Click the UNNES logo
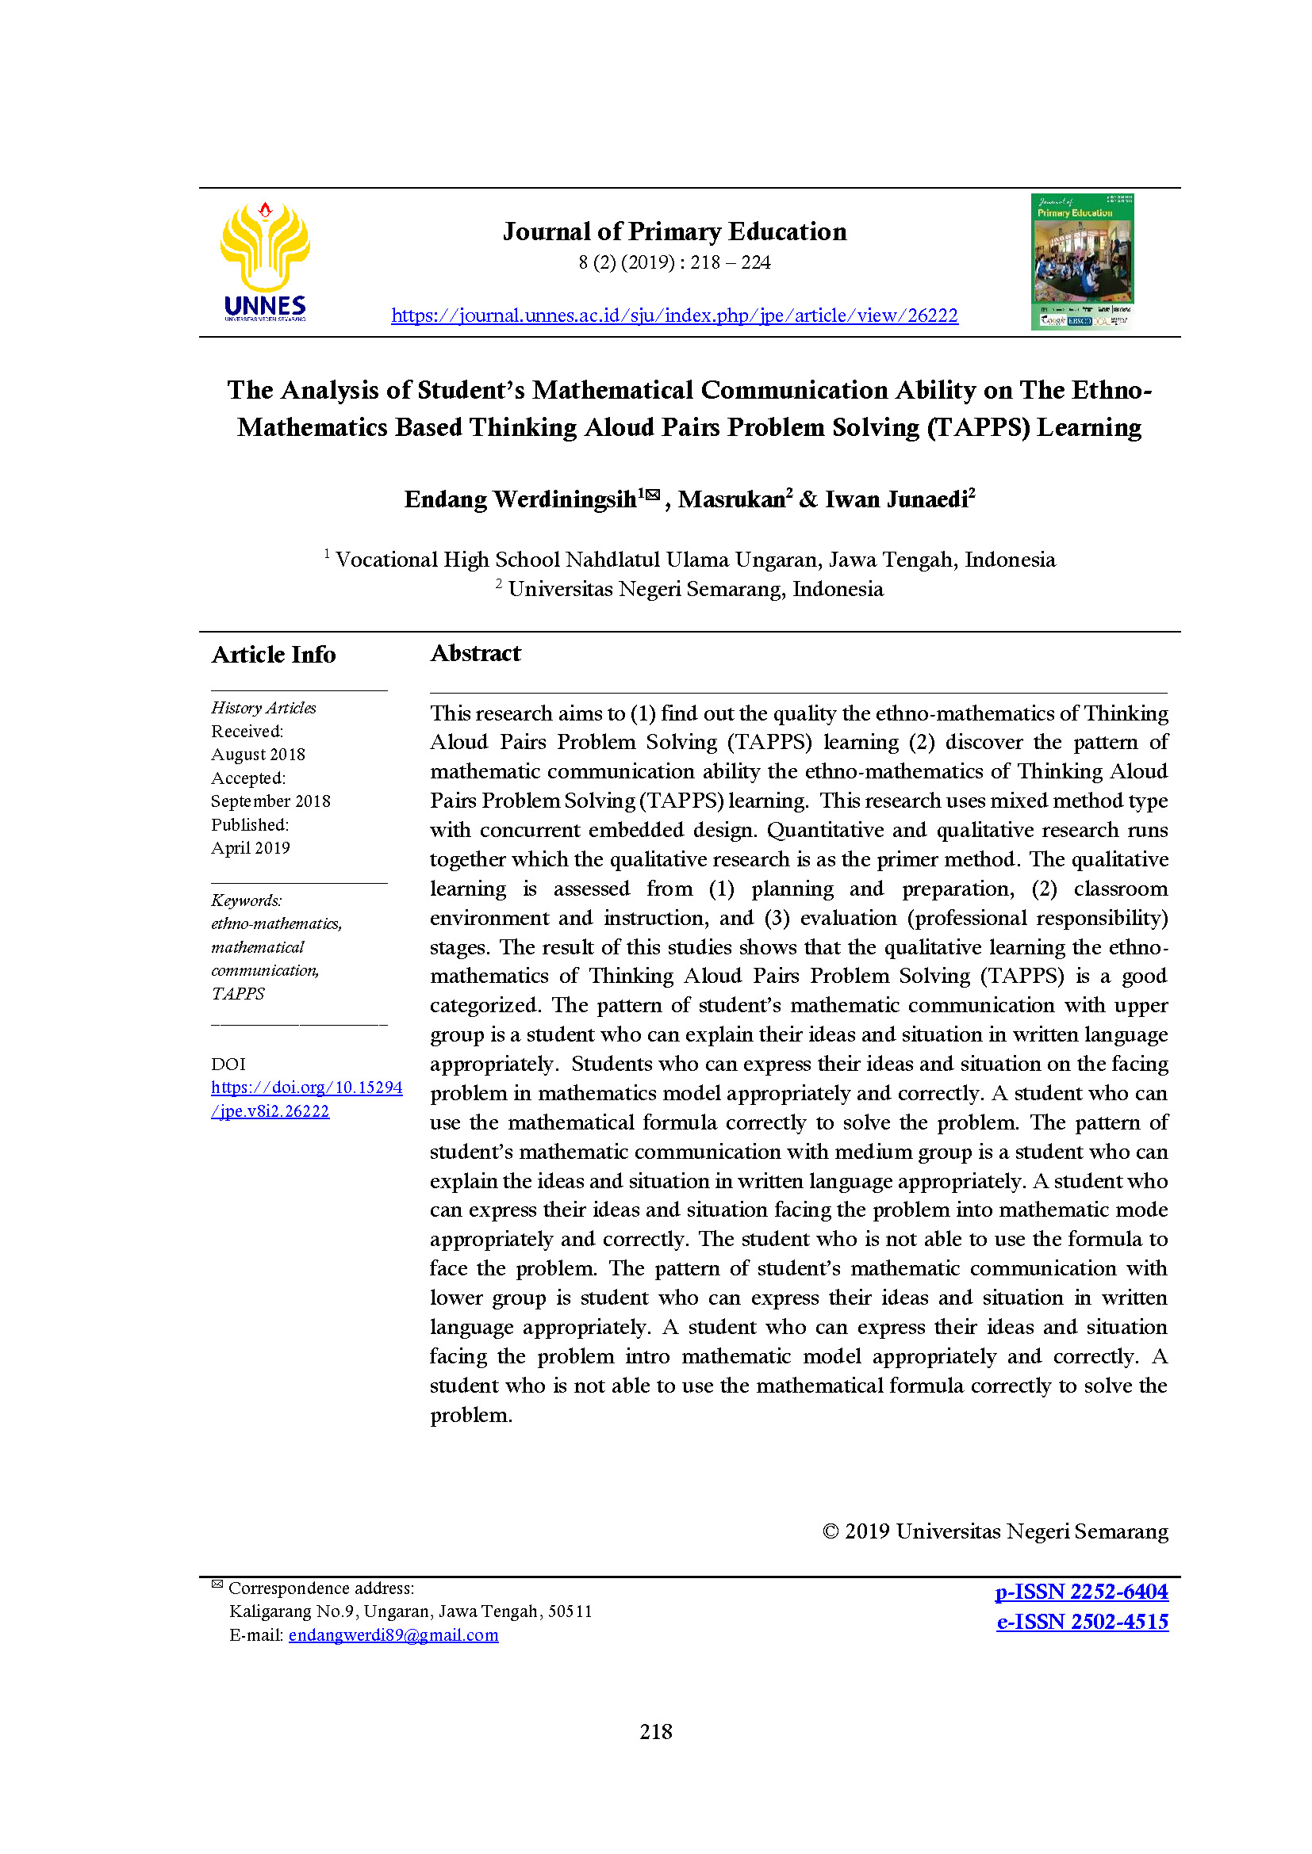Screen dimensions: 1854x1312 point(265,260)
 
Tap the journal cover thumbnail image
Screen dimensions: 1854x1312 point(1082,261)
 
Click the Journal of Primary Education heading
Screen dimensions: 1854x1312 point(674,231)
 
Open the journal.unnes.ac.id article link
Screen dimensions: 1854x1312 point(674,315)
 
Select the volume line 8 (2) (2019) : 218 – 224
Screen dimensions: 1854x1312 point(674,262)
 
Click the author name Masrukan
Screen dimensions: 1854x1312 point(731,499)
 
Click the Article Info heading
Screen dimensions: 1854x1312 point(273,654)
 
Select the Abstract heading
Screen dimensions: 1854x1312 point(475,652)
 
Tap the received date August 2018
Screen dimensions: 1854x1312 point(258,754)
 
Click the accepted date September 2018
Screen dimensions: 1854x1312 point(270,801)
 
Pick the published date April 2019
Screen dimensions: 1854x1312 point(251,848)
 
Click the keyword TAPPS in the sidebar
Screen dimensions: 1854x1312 point(237,993)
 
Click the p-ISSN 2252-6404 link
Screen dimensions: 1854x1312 point(1081,1592)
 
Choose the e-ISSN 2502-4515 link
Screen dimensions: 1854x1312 point(1082,1622)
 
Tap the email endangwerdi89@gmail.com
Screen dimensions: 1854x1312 point(393,1635)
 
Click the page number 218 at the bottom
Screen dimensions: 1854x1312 point(655,1731)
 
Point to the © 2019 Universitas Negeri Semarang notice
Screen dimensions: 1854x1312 point(995,1532)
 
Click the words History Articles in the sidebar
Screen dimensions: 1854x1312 point(263,707)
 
